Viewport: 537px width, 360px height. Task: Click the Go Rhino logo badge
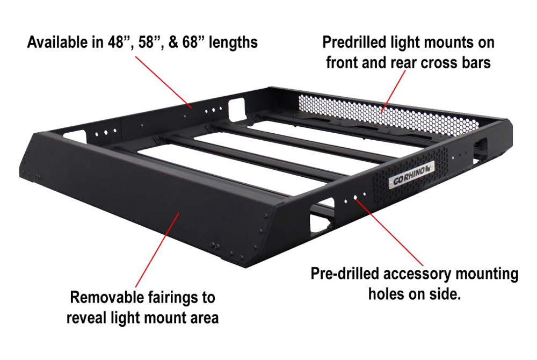(411, 175)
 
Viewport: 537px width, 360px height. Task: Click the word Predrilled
(354, 42)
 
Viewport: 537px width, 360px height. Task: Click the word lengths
(233, 43)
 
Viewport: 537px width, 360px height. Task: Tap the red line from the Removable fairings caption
(157, 250)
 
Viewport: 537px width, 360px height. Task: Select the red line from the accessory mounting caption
(389, 232)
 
